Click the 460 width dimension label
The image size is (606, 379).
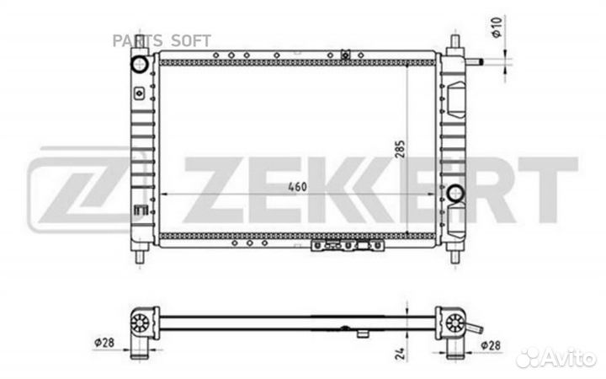point(298,186)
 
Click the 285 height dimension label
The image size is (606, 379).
point(401,149)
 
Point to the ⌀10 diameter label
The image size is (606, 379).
point(497,28)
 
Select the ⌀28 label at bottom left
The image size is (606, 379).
point(104,342)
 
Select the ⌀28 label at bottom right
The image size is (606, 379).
point(491,345)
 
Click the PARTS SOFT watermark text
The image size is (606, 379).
point(162,40)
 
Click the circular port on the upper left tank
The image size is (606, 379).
point(139,64)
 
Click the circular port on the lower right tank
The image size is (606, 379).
point(455,193)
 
